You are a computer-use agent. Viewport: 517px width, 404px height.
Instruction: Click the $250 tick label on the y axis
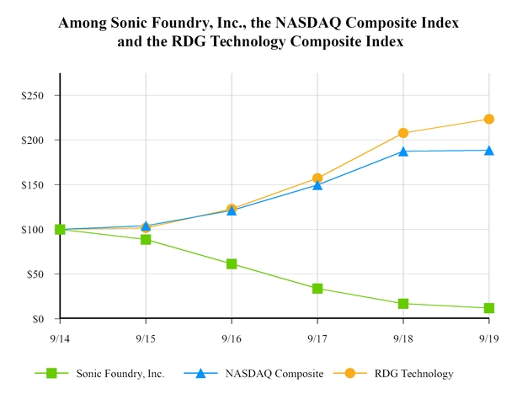pyautogui.click(x=32, y=95)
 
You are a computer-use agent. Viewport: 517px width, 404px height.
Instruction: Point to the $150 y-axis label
pyautogui.click(x=32, y=184)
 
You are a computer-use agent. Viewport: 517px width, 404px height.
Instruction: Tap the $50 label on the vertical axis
pyautogui.click(x=35, y=274)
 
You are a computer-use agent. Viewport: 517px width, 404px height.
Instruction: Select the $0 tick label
pyautogui.click(x=38, y=319)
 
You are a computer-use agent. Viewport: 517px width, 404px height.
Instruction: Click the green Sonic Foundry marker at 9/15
pyautogui.click(x=146, y=240)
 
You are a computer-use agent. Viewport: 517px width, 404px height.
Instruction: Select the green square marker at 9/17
pyautogui.click(x=317, y=289)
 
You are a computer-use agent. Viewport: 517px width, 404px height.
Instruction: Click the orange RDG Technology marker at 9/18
pyautogui.click(x=403, y=133)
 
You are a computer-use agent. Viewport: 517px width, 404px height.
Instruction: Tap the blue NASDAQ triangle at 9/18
pyautogui.click(x=403, y=151)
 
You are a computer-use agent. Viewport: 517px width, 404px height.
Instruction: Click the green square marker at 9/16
pyautogui.click(x=232, y=264)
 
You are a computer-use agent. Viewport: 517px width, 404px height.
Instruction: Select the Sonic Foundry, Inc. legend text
pyautogui.click(x=115, y=374)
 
